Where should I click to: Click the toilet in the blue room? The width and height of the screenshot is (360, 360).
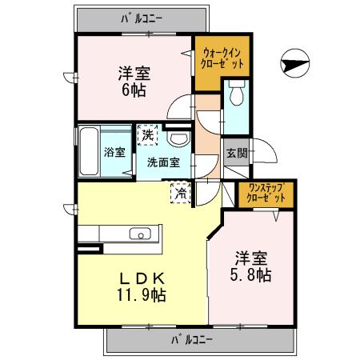tap(235, 96)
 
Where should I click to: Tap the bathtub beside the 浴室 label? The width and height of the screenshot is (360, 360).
tap(90, 150)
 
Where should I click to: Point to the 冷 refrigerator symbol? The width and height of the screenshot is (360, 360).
tap(182, 191)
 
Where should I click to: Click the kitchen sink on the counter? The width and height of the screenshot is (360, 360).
tap(139, 234)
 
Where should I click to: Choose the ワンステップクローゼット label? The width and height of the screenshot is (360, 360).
tap(265, 193)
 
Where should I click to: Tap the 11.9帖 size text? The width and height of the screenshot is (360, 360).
tap(145, 294)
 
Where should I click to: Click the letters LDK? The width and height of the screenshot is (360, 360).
tap(144, 278)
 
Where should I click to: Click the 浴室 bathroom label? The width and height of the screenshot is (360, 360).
tap(114, 152)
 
